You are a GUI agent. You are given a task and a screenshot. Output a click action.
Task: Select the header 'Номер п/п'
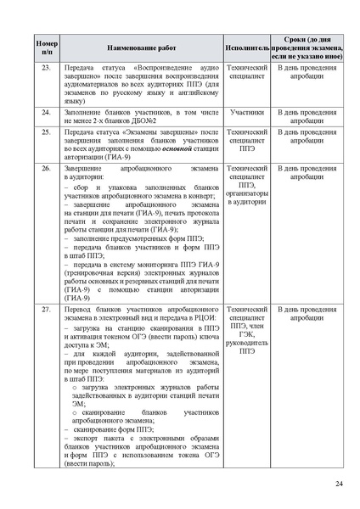click(45, 46)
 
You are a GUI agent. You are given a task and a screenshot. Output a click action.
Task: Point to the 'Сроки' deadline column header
click(307, 46)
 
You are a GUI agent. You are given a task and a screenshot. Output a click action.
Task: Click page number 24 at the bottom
click(339, 484)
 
